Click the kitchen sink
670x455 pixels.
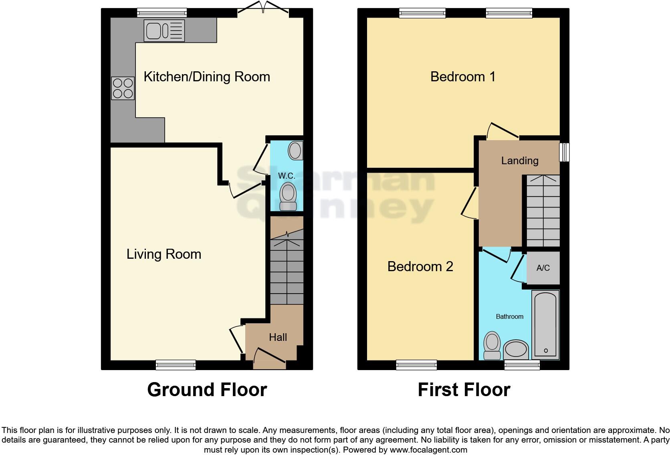pos(164,31)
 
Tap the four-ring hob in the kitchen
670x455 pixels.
pos(123,88)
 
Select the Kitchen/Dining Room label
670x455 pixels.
pos(207,77)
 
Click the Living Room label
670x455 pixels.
pos(164,254)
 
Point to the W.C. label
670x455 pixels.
pos(287,176)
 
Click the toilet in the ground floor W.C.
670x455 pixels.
pos(288,196)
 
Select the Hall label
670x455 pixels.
pos(278,337)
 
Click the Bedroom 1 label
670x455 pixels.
pos(463,77)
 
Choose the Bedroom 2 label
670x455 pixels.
pos(420,266)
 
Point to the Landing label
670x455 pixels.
pos(520,161)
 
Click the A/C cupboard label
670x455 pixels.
pos(543,268)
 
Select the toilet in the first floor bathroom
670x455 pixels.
pos(492,346)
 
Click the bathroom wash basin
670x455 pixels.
pos(516,349)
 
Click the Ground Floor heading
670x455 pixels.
pos(207,390)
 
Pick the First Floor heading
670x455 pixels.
pos(464,390)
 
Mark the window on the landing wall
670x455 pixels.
pos(564,152)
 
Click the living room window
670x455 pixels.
pos(176,364)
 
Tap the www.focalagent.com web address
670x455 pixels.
pos(428,450)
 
